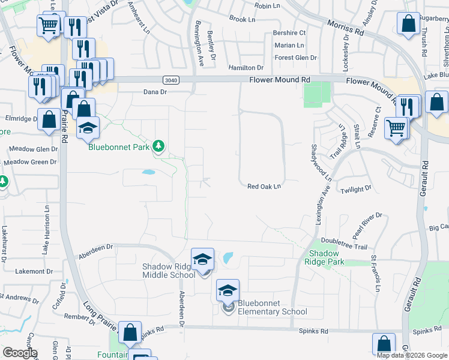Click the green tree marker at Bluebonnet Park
pos(158,146)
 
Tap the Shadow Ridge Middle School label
pos(168,271)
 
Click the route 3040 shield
pos(170,79)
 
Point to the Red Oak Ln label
pos(264,187)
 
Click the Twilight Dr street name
pos(356,190)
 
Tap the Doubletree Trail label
pos(344,247)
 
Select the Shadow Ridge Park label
pos(324,257)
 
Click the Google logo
pos(19,353)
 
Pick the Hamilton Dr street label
pos(246,68)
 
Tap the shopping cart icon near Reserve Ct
pos(396,127)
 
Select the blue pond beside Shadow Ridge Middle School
pos(228,259)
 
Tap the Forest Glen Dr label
pos(295,58)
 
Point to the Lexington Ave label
pos(319,205)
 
